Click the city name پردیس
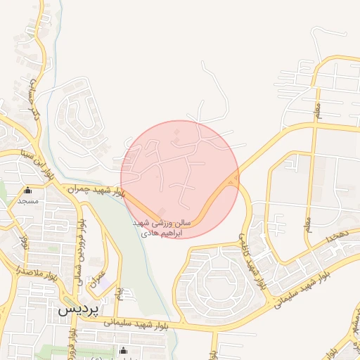pyautogui.click(x=78, y=309)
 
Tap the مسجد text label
pyautogui.click(x=28, y=201)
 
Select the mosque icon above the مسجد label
pyautogui.click(x=28, y=191)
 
